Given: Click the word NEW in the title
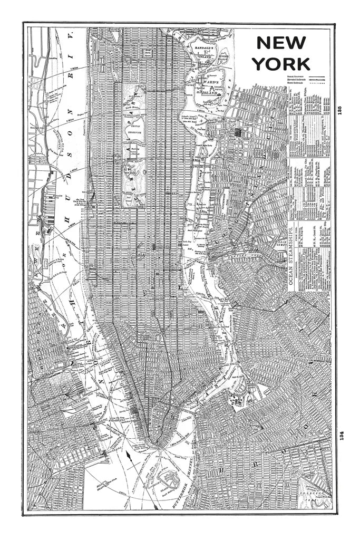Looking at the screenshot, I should pyautogui.click(x=280, y=43).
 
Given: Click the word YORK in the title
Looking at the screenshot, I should pyautogui.click(x=280, y=64).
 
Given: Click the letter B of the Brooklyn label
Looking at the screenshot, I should pyautogui.click(x=222, y=469).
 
